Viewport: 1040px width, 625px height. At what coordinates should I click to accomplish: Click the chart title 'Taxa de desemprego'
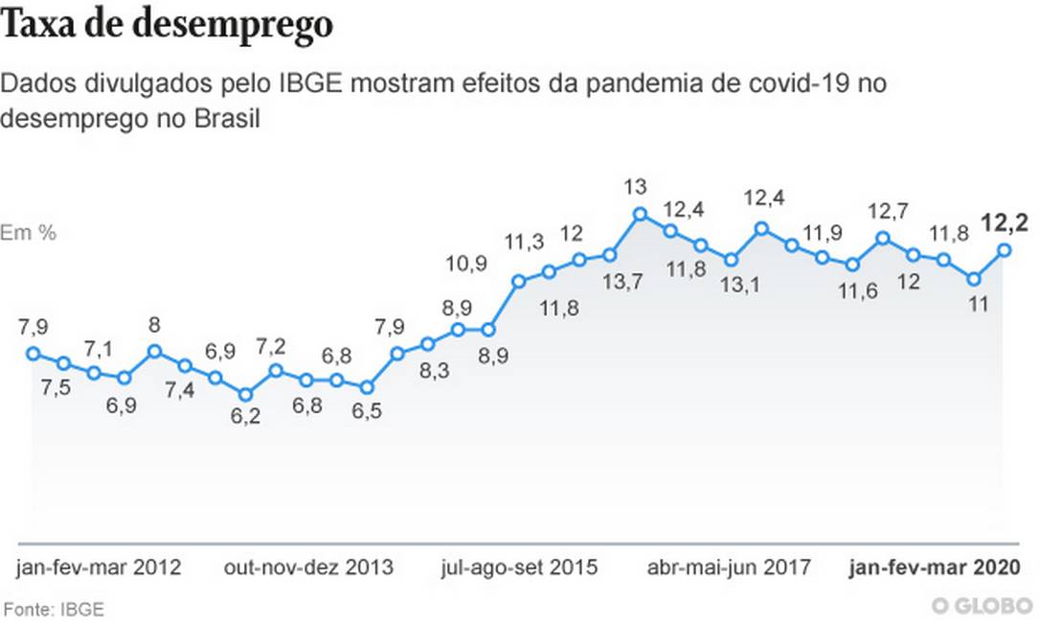pyautogui.click(x=168, y=25)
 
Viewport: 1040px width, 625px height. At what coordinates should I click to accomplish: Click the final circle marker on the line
pyautogui.click(x=1005, y=250)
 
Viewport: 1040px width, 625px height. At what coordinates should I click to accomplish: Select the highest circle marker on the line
pyautogui.click(x=640, y=214)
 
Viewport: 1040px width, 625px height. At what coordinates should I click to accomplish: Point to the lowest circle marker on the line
pyautogui.click(x=245, y=394)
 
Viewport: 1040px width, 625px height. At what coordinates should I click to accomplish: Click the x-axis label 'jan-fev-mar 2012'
pyautogui.click(x=99, y=567)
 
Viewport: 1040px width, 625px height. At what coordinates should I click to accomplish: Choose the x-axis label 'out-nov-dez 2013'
pyautogui.click(x=308, y=567)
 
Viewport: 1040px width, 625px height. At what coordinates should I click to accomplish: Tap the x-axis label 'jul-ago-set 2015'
pyautogui.click(x=520, y=567)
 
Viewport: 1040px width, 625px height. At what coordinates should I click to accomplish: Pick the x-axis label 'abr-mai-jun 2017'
pyautogui.click(x=729, y=567)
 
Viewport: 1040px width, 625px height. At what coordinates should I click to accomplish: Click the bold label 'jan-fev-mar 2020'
pyautogui.click(x=935, y=567)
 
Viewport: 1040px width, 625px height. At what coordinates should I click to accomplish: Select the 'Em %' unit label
pyautogui.click(x=28, y=232)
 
